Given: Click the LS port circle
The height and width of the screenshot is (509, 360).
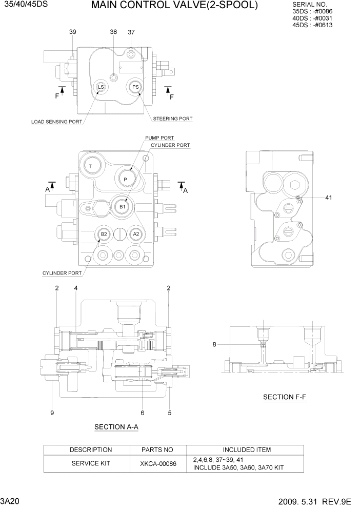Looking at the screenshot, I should click(x=101, y=87).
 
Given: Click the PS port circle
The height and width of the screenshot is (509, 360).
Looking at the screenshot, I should click(x=135, y=87).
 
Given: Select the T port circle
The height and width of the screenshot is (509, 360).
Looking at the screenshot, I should click(x=90, y=166).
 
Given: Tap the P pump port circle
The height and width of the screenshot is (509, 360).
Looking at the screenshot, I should click(x=125, y=178).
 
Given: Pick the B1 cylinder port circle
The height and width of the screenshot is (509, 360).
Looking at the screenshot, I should click(x=122, y=206).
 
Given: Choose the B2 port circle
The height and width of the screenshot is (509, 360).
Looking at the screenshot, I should click(x=104, y=234).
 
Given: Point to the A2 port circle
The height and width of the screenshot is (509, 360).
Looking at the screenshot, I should click(x=135, y=234).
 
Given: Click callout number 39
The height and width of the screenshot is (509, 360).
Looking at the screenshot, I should click(x=72, y=32).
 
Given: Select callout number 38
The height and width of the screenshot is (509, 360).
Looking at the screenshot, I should click(x=113, y=32).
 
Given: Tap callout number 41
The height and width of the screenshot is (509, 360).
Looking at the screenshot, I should click(x=329, y=197).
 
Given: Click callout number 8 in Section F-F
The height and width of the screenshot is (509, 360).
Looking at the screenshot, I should click(x=214, y=345).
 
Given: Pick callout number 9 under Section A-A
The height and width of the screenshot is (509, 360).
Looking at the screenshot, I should click(x=52, y=412).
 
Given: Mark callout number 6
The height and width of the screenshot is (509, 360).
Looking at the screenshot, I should click(x=142, y=412).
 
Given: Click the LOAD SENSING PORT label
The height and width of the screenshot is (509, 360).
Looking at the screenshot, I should click(x=56, y=122).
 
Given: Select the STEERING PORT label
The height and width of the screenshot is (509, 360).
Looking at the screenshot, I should click(x=173, y=119).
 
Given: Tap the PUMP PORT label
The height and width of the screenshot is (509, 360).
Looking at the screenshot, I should click(x=159, y=138).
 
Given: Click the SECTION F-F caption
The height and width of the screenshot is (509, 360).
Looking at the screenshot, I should click(x=284, y=397).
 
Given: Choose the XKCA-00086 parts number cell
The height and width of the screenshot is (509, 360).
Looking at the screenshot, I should click(x=158, y=463).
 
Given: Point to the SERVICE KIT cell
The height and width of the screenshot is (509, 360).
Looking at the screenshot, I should click(x=90, y=463).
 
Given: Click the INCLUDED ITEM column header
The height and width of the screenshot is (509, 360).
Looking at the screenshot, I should click(x=247, y=450).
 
